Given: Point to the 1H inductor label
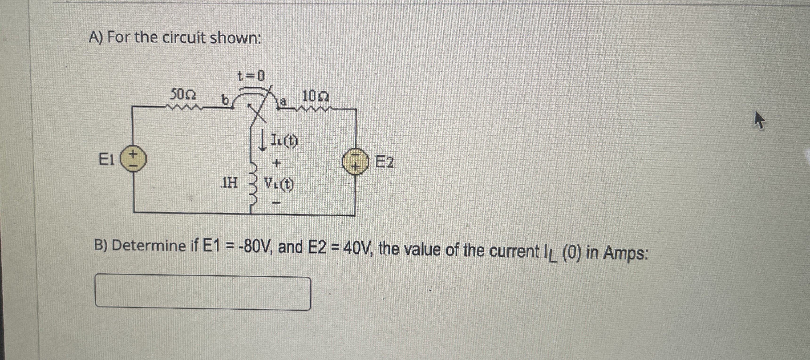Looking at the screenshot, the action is [x=230, y=182].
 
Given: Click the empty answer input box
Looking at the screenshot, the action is [x=203, y=292].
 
